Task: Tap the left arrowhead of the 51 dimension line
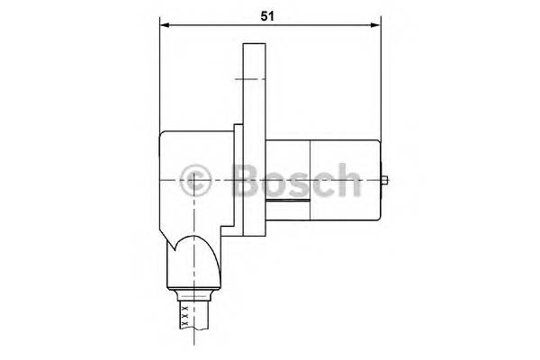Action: (x=164, y=25)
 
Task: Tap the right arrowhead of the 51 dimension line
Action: (x=376, y=25)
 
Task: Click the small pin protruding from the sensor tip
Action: (x=385, y=180)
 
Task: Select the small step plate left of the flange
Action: (x=236, y=180)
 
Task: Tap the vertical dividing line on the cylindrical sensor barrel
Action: (x=310, y=180)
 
